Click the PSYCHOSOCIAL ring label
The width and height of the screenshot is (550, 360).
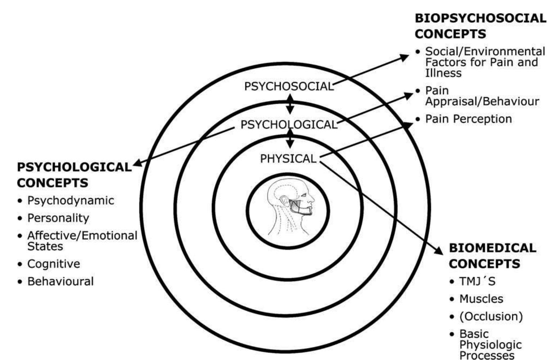tap(289, 86)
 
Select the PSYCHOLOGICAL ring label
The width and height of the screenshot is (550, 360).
tap(289, 125)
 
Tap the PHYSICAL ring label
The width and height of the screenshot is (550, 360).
tap(288, 158)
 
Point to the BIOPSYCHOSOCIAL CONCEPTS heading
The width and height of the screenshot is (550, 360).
tap(480, 26)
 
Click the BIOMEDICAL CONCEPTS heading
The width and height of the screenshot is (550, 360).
tap(492, 256)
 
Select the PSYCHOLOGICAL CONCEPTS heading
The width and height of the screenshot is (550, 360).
tap(74, 175)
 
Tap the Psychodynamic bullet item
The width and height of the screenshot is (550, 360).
tap(71, 201)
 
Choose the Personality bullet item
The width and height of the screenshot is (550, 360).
tap(58, 218)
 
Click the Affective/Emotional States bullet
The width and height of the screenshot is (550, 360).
tap(82, 241)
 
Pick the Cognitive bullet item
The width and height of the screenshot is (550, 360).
tap(54, 264)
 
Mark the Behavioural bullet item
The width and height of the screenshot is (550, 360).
tap(60, 282)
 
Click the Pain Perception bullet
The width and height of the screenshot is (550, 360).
tap(468, 119)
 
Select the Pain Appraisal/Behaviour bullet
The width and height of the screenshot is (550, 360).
tap(482, 96)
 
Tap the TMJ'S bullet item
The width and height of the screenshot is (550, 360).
tap(477, 281)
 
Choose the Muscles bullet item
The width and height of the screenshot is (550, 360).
tap(481, 299)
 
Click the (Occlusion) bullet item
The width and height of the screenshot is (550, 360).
tap(491, 316)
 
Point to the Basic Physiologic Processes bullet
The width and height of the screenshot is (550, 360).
tap(490, 345)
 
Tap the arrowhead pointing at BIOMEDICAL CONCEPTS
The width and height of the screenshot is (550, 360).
tap(438, 250)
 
